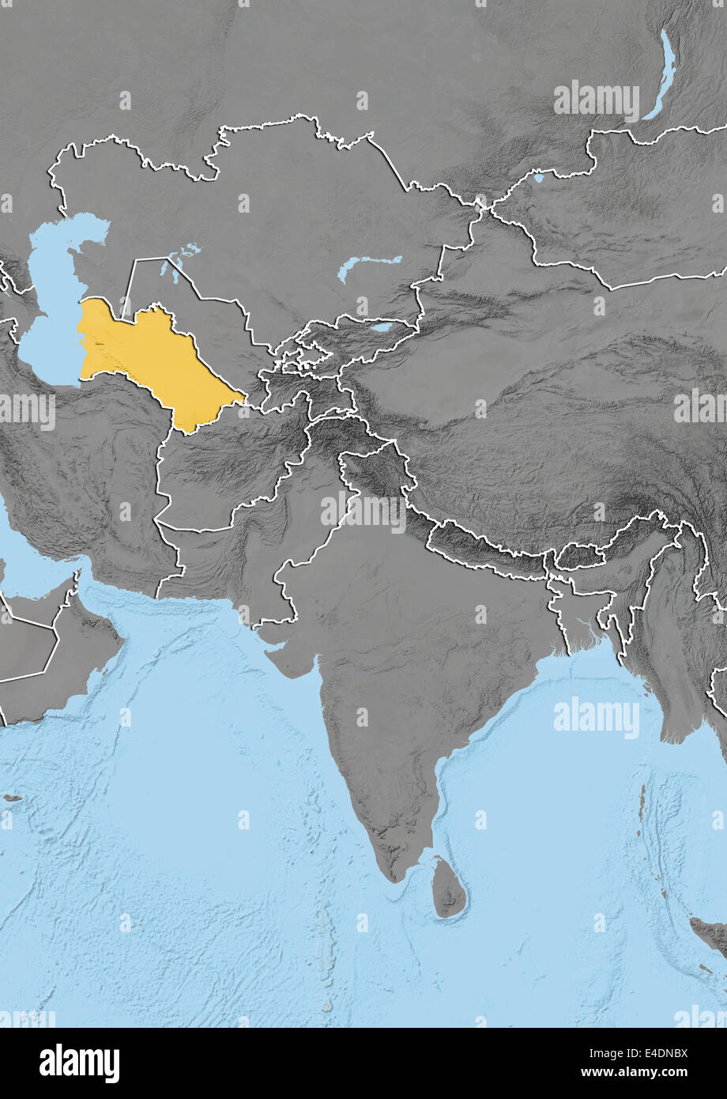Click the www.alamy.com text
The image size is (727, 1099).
(x=644, y=1074)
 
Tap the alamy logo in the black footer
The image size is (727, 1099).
(x=79, y=1063)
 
